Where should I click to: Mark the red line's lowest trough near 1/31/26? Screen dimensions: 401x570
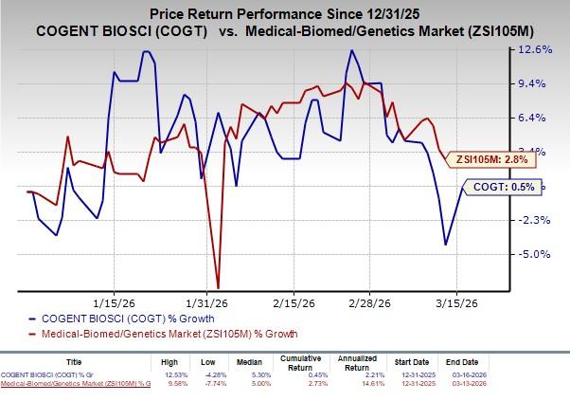[219, 287]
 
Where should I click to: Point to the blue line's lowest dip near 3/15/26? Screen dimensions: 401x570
[446, 245]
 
